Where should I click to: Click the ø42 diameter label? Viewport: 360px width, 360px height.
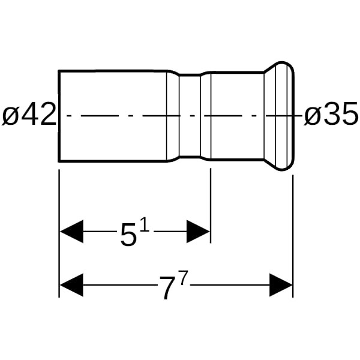(x=29, y=115)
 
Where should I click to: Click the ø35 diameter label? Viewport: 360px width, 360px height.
(x=331, y=115)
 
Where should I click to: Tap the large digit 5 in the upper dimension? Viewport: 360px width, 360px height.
(x=128, y=235)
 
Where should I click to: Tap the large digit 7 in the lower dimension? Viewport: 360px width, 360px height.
(x=167, y=288)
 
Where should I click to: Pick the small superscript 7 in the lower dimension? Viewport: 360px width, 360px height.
(x=184, y=278)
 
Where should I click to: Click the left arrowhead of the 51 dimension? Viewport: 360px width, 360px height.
(x=71, y=232)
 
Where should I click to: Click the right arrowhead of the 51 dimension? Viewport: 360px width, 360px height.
(x=199, y=232)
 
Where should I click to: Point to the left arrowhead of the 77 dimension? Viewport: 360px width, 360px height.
(x=71, y=285)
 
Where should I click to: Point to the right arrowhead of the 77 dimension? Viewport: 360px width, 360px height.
(x=281, y=285)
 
